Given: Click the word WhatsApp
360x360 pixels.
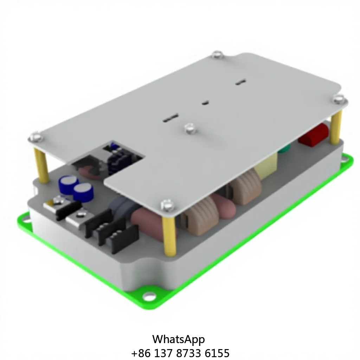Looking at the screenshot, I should pyautogui.click(x=178, y=339).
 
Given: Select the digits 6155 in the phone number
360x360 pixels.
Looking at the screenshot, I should pyautogui.click(x=217, y=353).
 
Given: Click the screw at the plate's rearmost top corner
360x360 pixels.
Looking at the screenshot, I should pyautogui.click(x=217, y=54).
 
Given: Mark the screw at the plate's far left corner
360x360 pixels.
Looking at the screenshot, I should pyautogui.click(x=36, y=137).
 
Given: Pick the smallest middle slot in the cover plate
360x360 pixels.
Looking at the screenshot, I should pyautogui.click(x=205, y=103).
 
